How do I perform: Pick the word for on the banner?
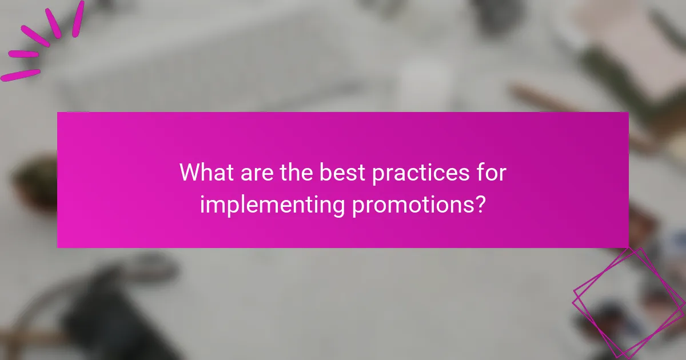pos(492,172)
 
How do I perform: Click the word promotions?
pos(412,205)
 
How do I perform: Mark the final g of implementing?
pos(338,207)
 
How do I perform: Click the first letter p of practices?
pos(378,174)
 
